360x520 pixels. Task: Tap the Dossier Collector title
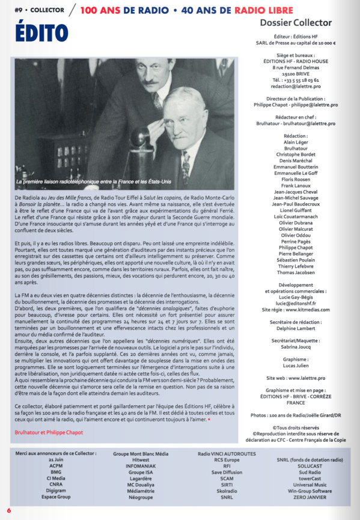point(295,23)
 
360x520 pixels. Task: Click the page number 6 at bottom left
point(9,510)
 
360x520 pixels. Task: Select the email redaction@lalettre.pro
point(295,86)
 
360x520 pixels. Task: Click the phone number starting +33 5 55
point(295,79)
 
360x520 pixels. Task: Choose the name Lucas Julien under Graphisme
point(295,366)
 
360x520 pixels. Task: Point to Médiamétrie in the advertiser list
point(132,491)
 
